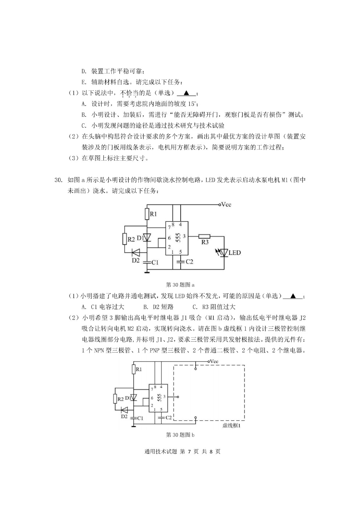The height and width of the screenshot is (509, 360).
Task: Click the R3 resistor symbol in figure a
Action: point(204,236)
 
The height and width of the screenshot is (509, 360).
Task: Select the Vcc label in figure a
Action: point(226,205)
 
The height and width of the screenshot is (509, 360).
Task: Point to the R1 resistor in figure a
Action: point(147,214)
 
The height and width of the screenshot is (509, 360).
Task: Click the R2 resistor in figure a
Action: point(124,239)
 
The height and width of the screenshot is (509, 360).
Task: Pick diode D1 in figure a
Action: point(147,238)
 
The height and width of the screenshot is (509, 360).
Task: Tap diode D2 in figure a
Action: point(136,252)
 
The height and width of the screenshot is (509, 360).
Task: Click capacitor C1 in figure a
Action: point(147,262)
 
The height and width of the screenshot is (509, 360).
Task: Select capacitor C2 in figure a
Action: point(181,262)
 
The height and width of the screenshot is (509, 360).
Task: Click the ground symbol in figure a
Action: point(147,272)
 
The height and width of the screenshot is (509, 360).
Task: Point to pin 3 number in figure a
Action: point(184,236)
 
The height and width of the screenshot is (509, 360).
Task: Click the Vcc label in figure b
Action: point(214,361)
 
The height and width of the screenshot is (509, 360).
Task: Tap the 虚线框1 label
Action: point(232,426)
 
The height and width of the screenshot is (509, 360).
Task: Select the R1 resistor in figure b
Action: point(134,369)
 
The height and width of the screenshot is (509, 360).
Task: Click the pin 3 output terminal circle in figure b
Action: point(178,397)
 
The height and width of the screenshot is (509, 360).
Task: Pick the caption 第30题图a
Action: point(180,284)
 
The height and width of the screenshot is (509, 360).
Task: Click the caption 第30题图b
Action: point(180,435)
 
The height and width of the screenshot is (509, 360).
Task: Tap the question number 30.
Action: point(58,180)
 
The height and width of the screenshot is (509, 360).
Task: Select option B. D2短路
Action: point(159,307)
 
